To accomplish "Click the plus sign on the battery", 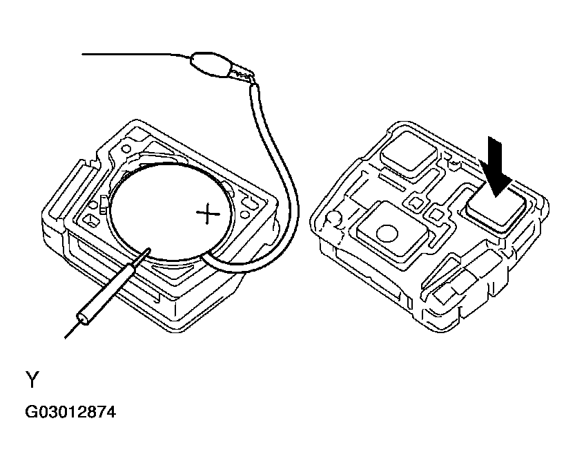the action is (x=208, y=214).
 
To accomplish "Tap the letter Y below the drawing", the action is (x=32, y=379).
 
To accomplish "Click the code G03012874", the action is (x=70, y=412).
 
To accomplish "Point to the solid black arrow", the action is (x=496, y=167).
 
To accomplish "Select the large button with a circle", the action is (x=392, y=230).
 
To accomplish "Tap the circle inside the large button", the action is (x=387, y=233).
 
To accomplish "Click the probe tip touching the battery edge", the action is (x=148, y=251).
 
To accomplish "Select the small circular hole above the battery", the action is (x=126, y=149).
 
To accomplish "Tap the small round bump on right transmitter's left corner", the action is (x=333, y=218).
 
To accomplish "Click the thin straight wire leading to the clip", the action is (x=136, y=55).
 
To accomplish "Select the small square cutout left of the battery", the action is (x=90, y=220).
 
